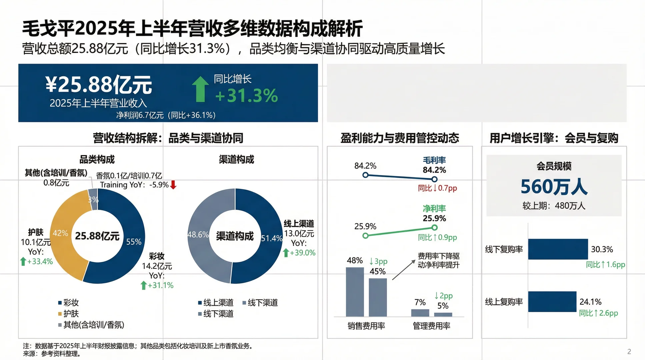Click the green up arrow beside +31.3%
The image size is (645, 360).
click(x=200, y=89)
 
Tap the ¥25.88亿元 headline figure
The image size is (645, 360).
click(x=99, y=84)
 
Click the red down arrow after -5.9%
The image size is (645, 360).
click(x=173, y=185)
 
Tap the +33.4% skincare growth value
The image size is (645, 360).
click(x=40, y=261)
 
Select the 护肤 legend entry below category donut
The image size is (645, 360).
click(x=68, y=314)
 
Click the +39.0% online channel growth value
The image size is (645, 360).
click(x=302, y=253)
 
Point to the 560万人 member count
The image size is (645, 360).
click(x=554, y=186)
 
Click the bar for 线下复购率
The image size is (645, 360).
click(x=558, y=249)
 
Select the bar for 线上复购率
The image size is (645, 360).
click(x=552, y=302)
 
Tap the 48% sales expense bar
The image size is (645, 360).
click(x=355, y=292)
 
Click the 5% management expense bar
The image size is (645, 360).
click(x=443, y=314)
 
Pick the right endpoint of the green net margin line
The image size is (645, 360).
click(x=434, y=228)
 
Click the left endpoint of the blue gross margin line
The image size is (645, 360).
click(x=365, y=175)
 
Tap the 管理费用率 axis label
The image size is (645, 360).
click(x=431, y=326)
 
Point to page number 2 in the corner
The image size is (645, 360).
click(x=629, y=351)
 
